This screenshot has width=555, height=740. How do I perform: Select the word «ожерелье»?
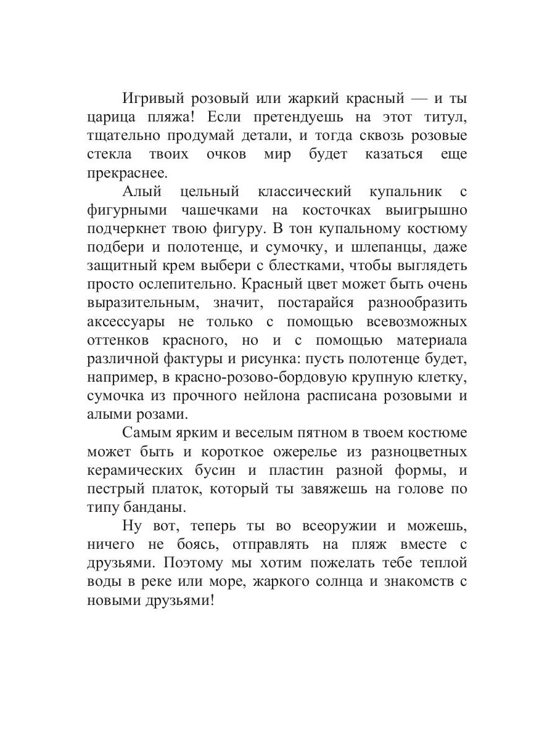290,452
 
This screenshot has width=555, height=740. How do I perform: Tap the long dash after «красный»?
420,99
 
